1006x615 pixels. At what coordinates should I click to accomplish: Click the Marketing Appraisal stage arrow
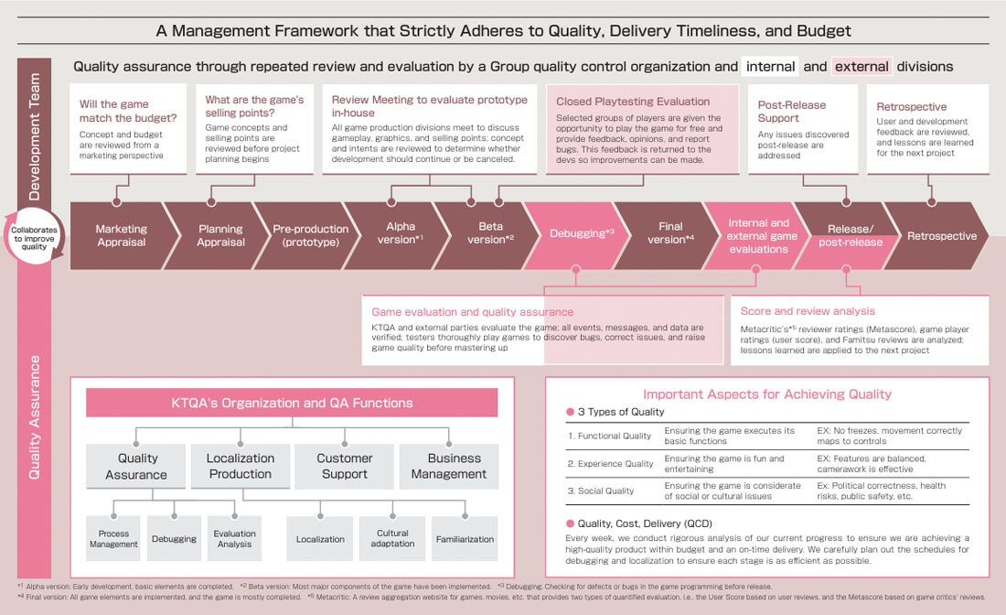(121, 235)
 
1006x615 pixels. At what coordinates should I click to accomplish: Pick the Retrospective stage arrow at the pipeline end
(941, 235)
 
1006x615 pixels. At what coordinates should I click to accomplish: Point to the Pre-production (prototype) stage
(310, 235)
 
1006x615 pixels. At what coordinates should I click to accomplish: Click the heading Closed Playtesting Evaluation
(633, 102)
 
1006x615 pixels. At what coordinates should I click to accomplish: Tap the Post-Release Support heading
(791, 111)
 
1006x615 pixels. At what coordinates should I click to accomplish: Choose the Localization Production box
(240, 466)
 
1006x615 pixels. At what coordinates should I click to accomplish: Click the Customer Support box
(344, 466)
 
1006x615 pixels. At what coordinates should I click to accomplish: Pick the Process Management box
(113, 539)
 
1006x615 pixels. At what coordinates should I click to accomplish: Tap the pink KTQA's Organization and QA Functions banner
(292, 403)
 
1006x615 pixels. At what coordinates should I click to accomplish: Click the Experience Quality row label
(610, 464)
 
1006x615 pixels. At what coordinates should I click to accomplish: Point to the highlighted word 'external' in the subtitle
(862, 66)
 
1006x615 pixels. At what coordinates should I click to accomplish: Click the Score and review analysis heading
(808, 311)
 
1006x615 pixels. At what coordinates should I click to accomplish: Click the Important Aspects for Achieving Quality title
(766, 394)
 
